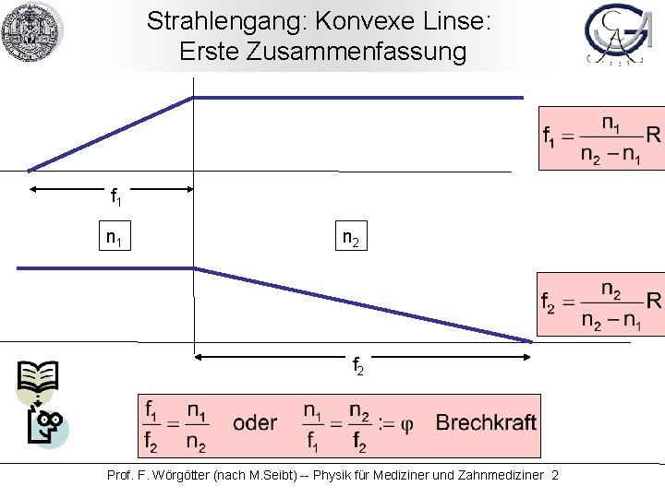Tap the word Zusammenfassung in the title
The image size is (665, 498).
[x=369, y=52]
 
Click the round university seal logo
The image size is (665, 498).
[x=32, y=32]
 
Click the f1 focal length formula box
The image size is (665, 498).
[x=601, y=138]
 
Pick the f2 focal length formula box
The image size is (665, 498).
[x=601, y=305]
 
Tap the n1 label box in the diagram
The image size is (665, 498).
[x=115, y=239]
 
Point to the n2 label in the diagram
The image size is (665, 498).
[x=351, y=239]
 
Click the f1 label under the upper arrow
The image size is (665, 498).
[x=115, y=196]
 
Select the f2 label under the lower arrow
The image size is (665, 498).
[x=358, y=367]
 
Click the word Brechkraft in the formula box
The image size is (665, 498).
[x=486, y=423]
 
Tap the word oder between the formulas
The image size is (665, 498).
[x=255, y=423]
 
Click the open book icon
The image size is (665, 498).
[x=38, y=377]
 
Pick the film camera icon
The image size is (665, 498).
[x=45, y=428]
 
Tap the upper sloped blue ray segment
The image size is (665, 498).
[x=111, y=134]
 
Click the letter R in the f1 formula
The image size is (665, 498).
[x=653, y=136]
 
